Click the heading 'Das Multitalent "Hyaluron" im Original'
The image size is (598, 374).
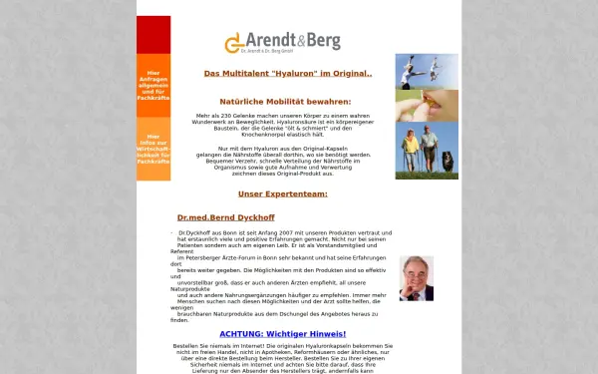[x=287, y=73]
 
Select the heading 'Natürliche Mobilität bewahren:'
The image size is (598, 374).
[x=285, y=102]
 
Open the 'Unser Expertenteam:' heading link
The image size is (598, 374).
[x=282, y=193]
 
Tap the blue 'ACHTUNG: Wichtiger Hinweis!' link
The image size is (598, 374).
[x=282, y=333]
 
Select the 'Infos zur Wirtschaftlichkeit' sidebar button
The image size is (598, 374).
[x=153, y=148]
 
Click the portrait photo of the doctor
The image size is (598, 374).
[x=416, y=278]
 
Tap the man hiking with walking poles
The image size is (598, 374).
[x=430, y=147]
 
